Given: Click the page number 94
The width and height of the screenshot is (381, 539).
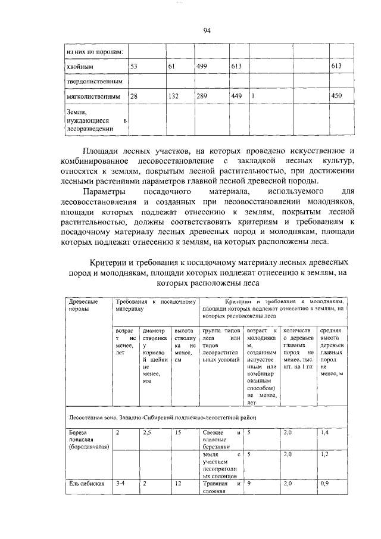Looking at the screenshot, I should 207,31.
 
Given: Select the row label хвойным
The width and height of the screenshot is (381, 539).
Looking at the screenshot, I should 77,66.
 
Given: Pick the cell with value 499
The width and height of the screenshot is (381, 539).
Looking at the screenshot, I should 203,66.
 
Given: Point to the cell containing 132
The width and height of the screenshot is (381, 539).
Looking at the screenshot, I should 174,96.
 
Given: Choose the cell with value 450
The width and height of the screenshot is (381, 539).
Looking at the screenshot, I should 336,96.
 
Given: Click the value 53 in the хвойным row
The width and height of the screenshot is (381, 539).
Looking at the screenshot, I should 134,66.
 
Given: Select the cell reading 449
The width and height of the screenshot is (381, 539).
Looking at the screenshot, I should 236,96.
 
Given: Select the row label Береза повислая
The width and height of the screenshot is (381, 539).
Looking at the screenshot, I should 86,438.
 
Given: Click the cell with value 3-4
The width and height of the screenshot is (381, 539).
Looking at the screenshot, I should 120,484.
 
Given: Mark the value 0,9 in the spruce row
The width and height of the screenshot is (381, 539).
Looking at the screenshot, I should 324,484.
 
